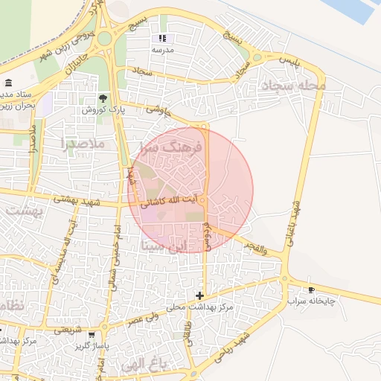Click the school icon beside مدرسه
coord(163,38)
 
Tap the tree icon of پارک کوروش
coord(103,97)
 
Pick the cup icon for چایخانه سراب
coord(311,289)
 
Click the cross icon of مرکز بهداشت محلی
coord(199,295)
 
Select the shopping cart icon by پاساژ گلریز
coord(91,336)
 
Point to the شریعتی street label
coord(68,328)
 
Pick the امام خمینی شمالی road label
coord(116,246)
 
